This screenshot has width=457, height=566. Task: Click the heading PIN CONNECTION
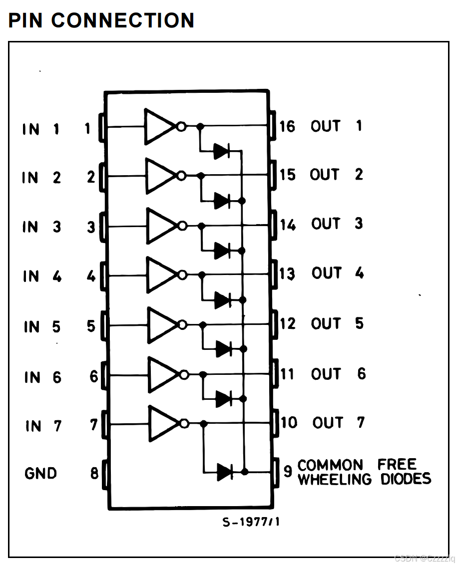101,20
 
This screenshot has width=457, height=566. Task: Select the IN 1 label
41,129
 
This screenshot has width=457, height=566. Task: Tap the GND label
40,473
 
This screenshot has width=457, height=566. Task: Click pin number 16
287,126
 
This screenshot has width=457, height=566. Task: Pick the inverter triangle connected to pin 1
158,126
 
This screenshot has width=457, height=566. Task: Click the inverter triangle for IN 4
160,275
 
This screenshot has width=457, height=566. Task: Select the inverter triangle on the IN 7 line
162,424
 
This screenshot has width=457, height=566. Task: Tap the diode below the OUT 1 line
222,151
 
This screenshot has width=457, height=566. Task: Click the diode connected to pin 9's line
225,471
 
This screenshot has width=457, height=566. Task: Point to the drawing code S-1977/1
251,523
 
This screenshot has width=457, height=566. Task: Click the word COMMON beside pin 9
330,466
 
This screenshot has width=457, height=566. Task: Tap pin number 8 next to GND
94,473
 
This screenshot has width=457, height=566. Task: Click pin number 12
288,324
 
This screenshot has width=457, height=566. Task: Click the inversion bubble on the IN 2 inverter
182,176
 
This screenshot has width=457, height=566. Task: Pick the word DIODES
406,480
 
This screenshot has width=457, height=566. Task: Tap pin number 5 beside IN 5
91,326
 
